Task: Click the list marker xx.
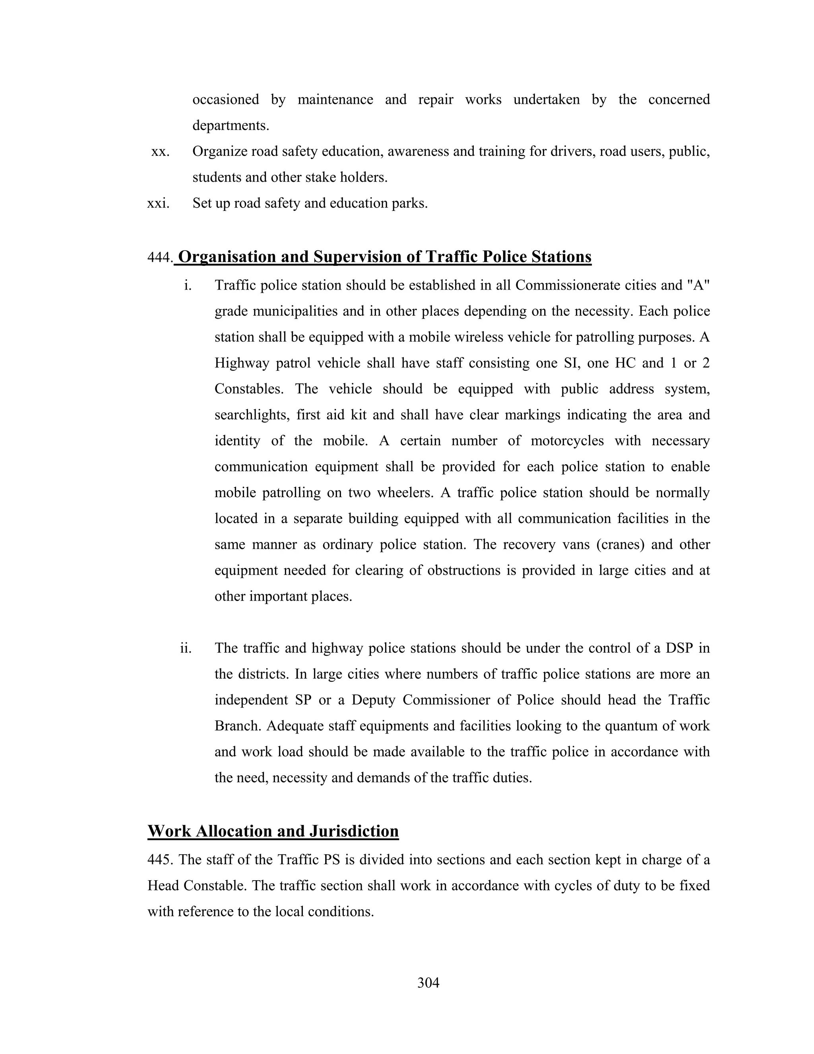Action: click(x=160, y=152)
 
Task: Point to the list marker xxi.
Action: click(x=158, y=203)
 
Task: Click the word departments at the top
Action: click(x=231, y=125)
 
